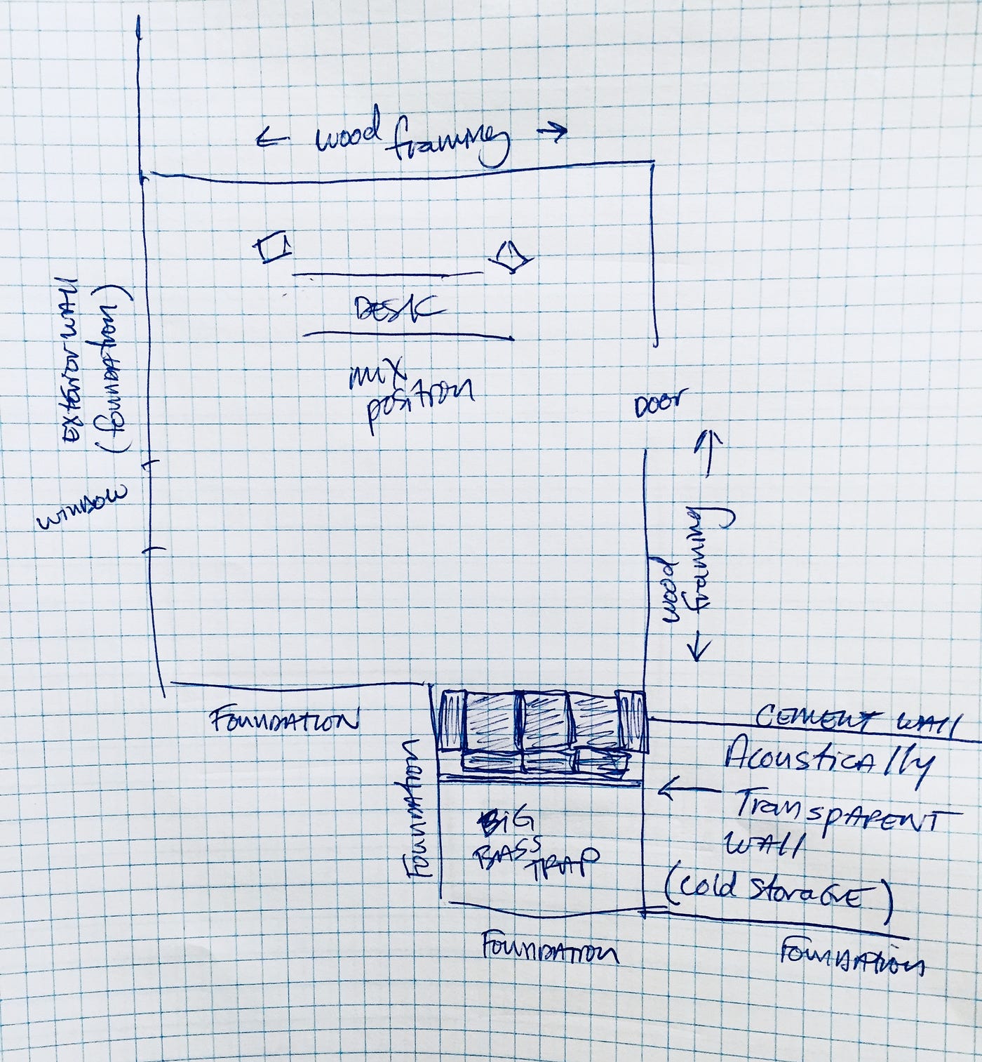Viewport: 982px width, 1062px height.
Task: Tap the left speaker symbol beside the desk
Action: click(272, 248)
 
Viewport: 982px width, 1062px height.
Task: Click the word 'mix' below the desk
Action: click(379, 374)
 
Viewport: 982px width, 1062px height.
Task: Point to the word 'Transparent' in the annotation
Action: click(835, 814)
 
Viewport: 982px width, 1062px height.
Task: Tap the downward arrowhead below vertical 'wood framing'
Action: click(698, 650)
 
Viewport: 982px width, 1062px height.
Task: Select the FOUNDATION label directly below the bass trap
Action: click(550, 950)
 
